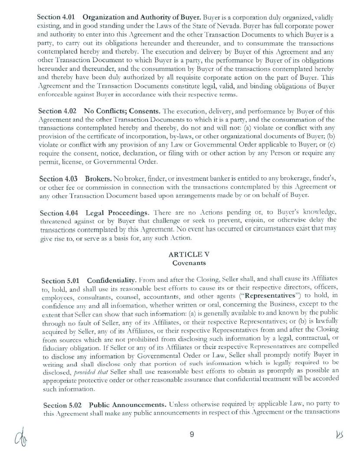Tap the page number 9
[191, 434]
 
